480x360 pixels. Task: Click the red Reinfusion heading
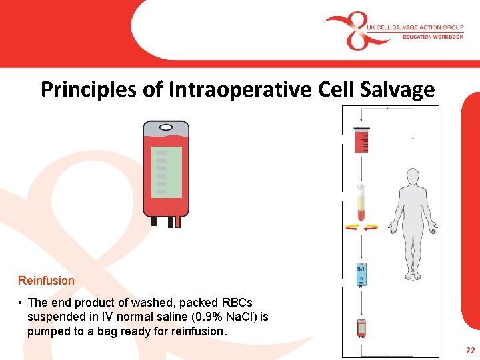(x=46, y=281)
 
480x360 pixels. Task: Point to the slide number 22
(x=471, y=351)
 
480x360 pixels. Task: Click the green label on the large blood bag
(x=166, y=172)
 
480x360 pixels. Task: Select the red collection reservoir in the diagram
(x=362, y=141)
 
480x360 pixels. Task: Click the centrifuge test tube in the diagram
(x=361, y=203)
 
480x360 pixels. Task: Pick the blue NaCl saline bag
(x=361, y=273)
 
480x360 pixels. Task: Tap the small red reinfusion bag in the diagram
(x=361, y=328)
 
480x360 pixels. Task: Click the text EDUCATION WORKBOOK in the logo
(x=433, y=37)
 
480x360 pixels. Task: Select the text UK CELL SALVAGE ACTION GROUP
(x=415, y=27)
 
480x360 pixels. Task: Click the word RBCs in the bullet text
(x=237, y=303)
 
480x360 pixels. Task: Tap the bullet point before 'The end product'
(x=21, y=303)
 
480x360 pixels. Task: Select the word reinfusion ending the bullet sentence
(x=198, y=331)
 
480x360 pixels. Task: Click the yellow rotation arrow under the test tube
(x=361, y=227)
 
